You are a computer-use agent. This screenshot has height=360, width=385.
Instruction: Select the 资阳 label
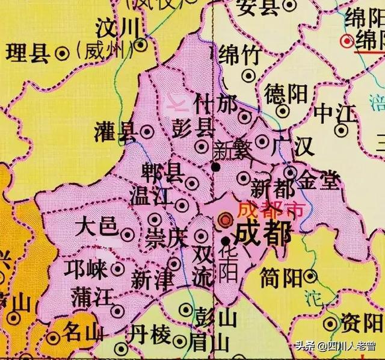click(x=359, y=321)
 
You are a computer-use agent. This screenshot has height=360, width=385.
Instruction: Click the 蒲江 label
click(x=90, y=297)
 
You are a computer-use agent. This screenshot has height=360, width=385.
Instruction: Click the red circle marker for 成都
click(x=225, y=218)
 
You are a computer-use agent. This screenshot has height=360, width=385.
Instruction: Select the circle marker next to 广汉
click(x=262, y=141)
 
